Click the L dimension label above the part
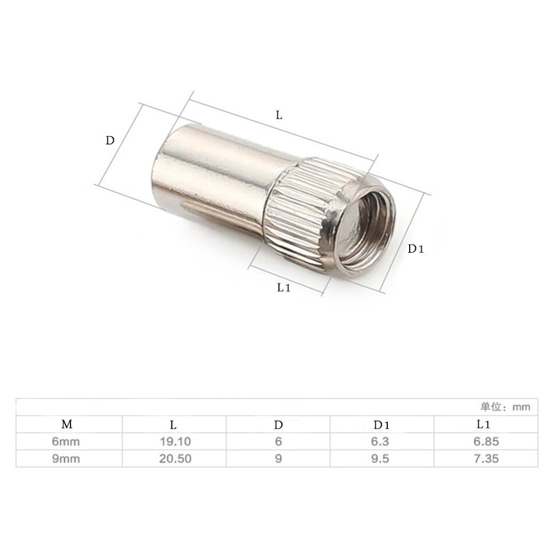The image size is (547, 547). click(x=279, y=115)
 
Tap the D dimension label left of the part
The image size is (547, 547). click(x=110, y=140)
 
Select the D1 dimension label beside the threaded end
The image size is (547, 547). click(x=416, y=249)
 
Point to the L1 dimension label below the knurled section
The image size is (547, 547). click(x=284, y=287)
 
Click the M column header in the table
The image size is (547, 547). click(x=67, y=424)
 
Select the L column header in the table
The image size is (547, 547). click(x=173, y=425)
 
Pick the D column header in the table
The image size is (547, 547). click(x=278, y=425)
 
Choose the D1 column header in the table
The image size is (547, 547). click(x=381, y=425)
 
